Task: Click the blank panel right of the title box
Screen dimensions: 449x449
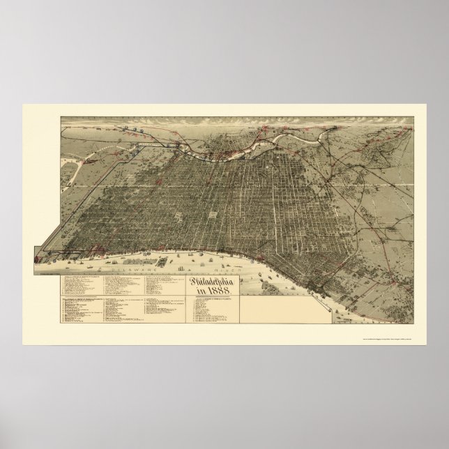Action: tap(279, 307)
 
